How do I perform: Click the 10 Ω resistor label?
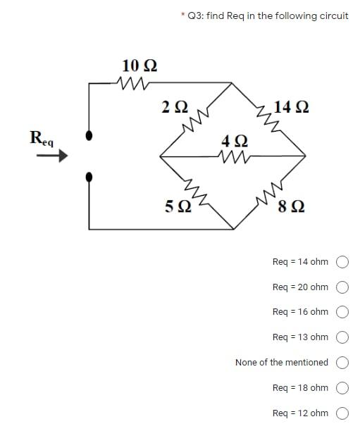[139, 66]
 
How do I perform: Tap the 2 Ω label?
[174, 107]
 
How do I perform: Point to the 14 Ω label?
[291, 107]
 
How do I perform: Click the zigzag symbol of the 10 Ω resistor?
[132, 84]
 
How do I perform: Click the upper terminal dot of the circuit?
[88, 135]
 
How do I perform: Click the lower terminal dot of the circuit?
[88, 177]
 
